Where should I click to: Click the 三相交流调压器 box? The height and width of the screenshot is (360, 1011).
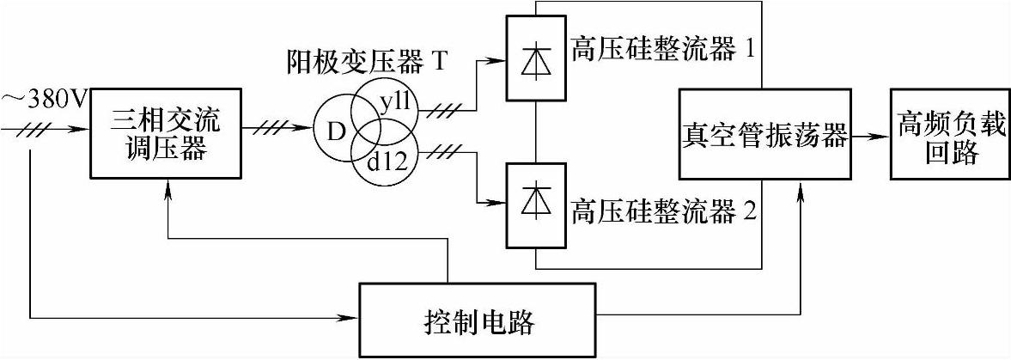(163, 132)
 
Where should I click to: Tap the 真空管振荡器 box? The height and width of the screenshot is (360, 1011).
(764, 132)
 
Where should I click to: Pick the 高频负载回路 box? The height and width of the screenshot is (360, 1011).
(948, 133)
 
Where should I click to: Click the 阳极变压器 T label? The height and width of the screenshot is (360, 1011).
(369, 63)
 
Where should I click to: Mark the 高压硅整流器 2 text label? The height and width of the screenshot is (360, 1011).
(662, 211)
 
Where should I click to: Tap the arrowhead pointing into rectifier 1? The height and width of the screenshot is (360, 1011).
(499, 62)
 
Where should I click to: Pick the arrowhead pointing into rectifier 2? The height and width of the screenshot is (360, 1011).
(499, 204)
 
